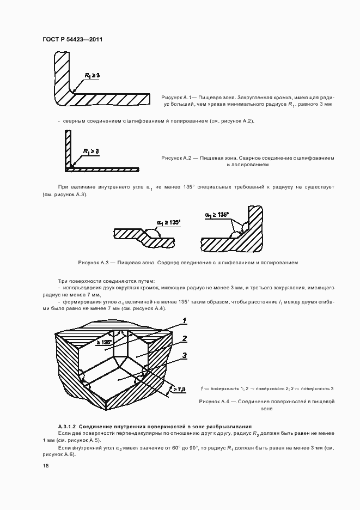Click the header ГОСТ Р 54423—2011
[x=72, y=40]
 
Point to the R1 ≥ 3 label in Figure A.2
[x=91, y=151]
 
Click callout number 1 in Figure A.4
[x=185, y=320]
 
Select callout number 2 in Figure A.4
[x=185, y=338]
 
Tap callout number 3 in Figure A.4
[x=185, y=356]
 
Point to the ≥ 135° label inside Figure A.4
[x=103, y=342]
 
